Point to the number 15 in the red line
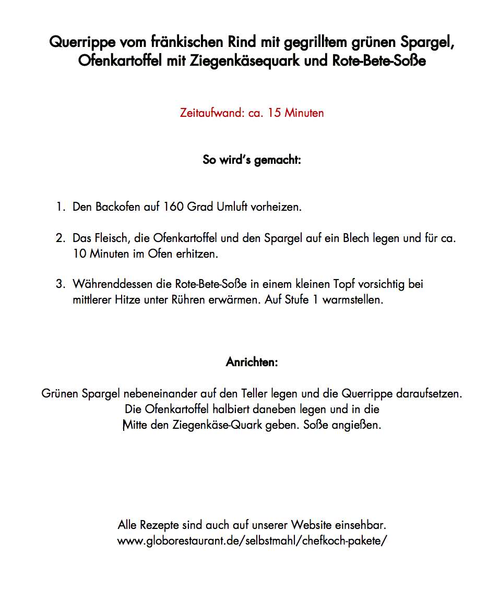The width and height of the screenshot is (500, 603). tap(275, 113)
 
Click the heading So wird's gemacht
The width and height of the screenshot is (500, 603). tap(252, 160)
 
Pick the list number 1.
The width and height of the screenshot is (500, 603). tap(60, 207)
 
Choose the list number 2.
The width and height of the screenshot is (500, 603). tap(60, 238)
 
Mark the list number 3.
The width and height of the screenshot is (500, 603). tap(60, 284)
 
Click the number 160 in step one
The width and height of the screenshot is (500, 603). tap(173, 207)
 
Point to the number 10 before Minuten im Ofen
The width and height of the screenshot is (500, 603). tap(79, 255)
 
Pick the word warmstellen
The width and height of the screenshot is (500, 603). tap(353, 300)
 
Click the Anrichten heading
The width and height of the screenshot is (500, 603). tap(252, 362)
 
